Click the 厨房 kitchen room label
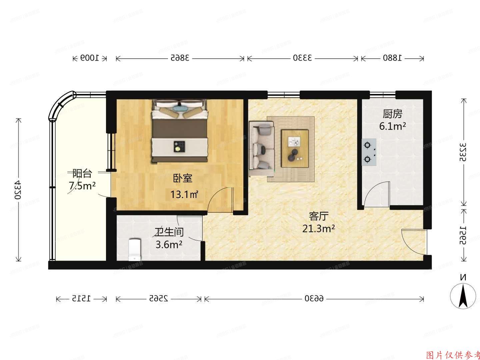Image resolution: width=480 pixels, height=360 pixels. click(392, 114)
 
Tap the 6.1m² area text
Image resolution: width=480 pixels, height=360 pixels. click(392, 126)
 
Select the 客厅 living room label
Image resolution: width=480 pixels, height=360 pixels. click(319, 216)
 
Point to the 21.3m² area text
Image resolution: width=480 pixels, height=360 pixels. click(319, 229)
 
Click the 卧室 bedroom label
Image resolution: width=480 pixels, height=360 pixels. click(183, 178)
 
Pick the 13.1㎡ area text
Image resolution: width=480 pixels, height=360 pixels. click(184, 194)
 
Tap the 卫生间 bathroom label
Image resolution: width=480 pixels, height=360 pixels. click(169, 232)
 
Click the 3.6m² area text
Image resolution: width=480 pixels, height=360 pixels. click(169, 245)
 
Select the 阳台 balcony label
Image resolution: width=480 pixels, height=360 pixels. click(82, 173)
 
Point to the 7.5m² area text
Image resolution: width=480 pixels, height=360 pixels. click(82, 186)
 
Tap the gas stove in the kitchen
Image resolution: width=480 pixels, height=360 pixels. click(369, 152)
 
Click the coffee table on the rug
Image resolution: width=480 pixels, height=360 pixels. click(295, 148)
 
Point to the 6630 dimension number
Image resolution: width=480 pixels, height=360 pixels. click(314, 299)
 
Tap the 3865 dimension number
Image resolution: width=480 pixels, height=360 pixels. click(180, 58)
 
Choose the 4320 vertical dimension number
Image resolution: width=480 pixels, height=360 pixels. click(18, 190)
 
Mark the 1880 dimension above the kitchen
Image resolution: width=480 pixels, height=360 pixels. click(392, 58)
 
